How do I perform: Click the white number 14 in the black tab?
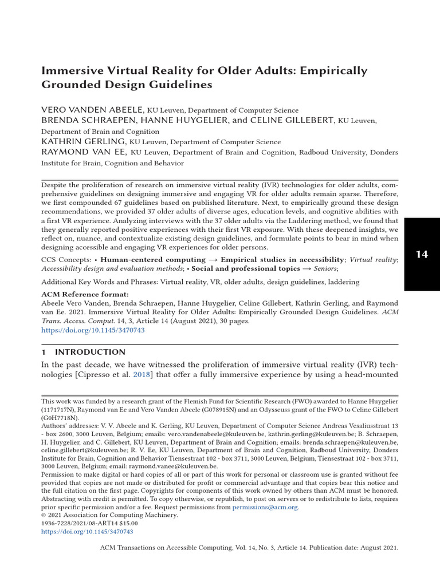[x=422, y=254]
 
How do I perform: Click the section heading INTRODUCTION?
[x=98, y=352]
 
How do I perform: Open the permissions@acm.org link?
[x=265, y=507]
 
